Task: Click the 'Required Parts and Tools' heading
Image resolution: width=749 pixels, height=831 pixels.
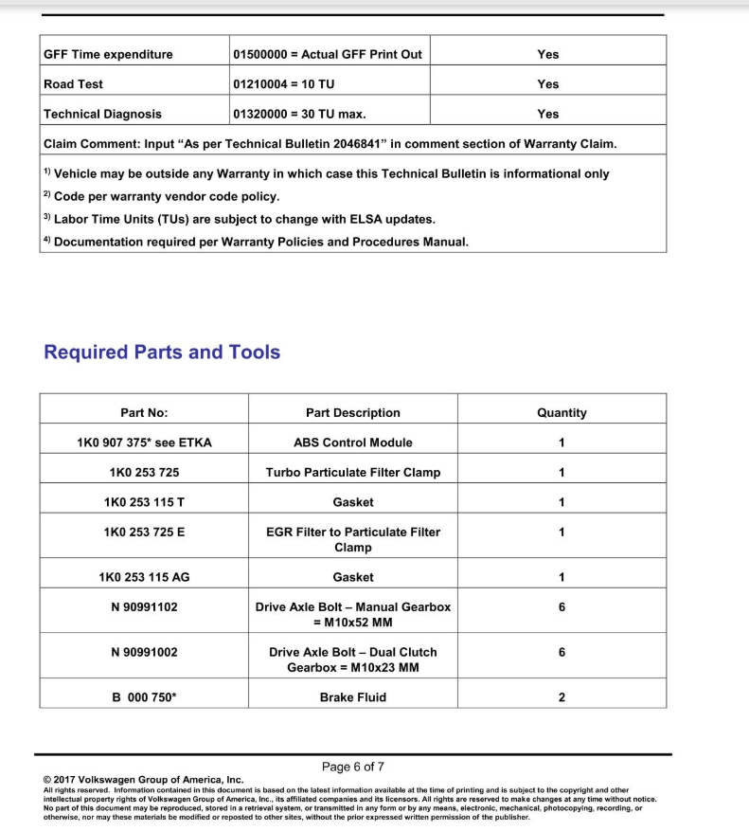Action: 162,352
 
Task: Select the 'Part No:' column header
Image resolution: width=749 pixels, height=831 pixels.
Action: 144,413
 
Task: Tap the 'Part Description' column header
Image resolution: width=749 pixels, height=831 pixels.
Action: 352,413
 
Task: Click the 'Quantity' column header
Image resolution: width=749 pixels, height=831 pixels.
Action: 562,413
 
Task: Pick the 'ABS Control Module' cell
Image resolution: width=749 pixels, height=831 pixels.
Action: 352,443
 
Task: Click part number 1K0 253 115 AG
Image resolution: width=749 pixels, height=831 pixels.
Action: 144,577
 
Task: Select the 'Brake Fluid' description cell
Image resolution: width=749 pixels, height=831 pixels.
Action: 352,697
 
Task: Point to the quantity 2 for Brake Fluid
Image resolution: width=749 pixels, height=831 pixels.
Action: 562,697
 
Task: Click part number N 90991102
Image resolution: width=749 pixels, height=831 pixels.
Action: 144,607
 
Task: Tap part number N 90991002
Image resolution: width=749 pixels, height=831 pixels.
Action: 144,652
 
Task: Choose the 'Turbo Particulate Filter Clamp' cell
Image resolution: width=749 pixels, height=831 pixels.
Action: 352,473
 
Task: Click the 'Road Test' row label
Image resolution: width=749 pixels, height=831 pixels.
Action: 74,84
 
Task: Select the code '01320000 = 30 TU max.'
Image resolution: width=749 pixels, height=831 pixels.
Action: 300,115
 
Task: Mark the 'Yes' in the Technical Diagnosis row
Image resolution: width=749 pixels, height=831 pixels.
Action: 547,115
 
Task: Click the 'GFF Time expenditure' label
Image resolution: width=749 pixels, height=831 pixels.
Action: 108,55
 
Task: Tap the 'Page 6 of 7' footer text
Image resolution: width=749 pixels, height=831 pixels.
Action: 352,767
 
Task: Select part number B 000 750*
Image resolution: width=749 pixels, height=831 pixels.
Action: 144,697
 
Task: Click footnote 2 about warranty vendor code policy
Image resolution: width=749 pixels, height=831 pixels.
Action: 162,197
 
